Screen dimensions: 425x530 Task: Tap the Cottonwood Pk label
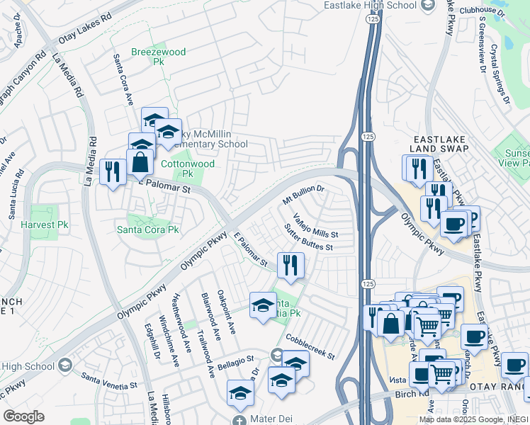177,168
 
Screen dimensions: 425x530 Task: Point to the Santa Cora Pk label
148,230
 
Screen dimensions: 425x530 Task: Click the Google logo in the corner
23,416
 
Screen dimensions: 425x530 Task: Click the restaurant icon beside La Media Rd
113,171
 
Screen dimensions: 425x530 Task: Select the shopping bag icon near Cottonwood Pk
140,161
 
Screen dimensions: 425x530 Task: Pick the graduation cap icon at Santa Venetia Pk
263,305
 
